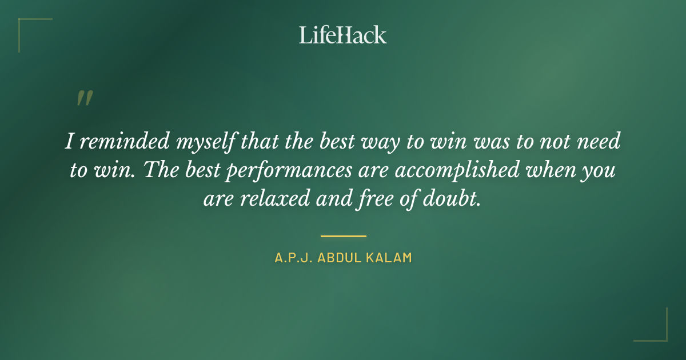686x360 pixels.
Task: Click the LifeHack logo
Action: (342, 35)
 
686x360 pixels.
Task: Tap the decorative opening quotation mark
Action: (84, 98)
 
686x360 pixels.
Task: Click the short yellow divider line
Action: (343, 235)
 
